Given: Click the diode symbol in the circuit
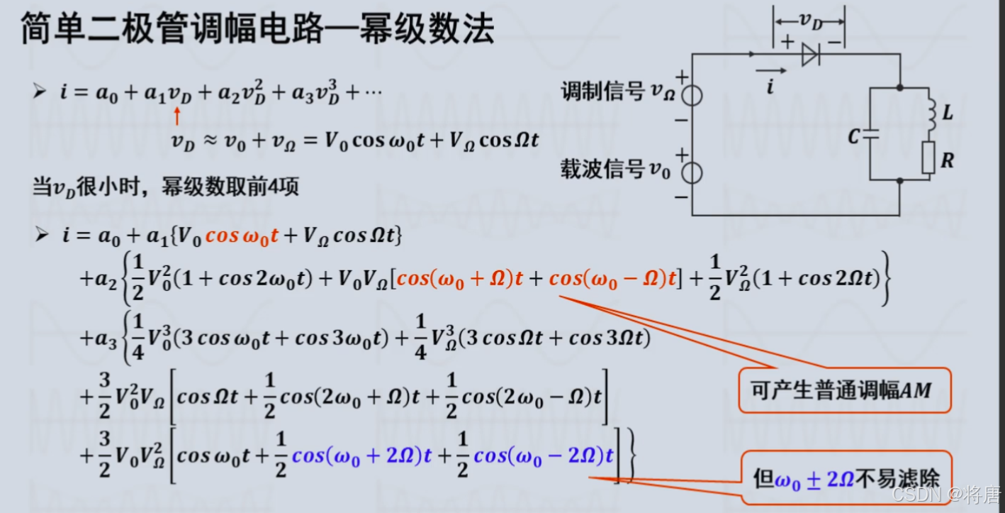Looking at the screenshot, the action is click(x=811, y=55).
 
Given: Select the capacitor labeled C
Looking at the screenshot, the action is click(x=870, y=136).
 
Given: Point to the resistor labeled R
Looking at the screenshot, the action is click(x=928, y=158).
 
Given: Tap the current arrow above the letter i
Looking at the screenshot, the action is click(x=771, y=71).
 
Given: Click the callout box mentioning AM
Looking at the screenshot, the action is click(x=845, y=390).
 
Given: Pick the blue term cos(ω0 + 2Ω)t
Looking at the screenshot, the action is click(x=361, y=456).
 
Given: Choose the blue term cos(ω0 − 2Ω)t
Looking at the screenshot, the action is click(x=543, y=456).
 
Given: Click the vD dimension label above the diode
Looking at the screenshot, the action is click(x=809, y=21).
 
